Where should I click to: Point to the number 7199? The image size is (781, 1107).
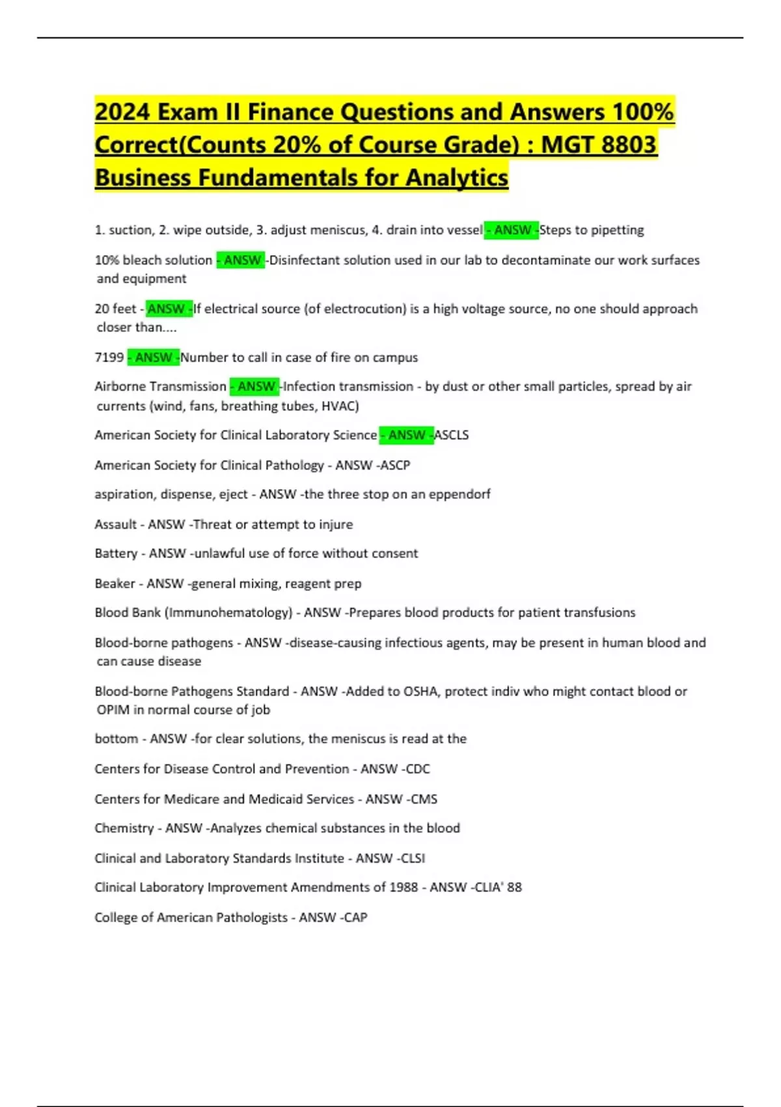pos(109,357)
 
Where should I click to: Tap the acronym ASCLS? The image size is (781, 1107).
pos(452,435)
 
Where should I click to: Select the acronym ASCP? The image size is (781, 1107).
pos(395,465)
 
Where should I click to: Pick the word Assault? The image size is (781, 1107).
pos(116,524)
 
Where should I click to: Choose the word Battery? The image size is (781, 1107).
pos(116,553)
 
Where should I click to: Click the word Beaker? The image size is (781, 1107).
pos(115,583)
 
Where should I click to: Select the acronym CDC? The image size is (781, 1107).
pos(417,769)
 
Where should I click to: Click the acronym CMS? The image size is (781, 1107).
pos(424,799)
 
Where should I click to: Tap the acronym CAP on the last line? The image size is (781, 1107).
pos(355,918)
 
